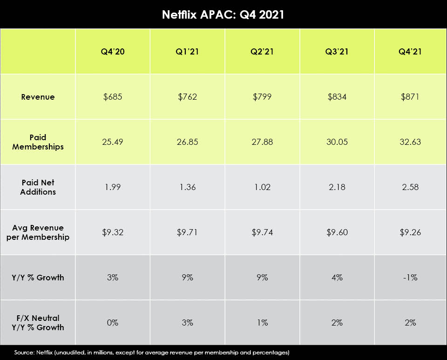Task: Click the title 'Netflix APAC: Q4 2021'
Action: pos(223,14)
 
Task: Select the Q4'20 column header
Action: pos(112,52)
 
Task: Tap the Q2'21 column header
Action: pos(262,52)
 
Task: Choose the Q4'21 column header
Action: pos(410,52)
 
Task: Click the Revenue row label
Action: pos(38,97)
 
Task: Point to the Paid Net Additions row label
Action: pos(38,187)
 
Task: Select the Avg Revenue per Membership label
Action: pos(38,232)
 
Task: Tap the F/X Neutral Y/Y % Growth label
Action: pos(38,323)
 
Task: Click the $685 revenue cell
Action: pos(112,97)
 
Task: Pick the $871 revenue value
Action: pos(410,97)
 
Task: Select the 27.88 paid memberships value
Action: pos(262,142)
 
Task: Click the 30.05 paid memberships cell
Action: pos(337,142)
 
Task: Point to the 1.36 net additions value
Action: pos(187,187)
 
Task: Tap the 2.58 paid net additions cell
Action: pos(410,187)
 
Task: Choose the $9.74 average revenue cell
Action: pos(262,232)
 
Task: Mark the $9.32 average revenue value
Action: pos(112,232)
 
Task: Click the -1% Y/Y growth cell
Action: pos(410,278)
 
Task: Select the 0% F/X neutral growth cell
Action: pos(112,323)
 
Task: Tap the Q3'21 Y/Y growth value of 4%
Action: pos(337,278)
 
